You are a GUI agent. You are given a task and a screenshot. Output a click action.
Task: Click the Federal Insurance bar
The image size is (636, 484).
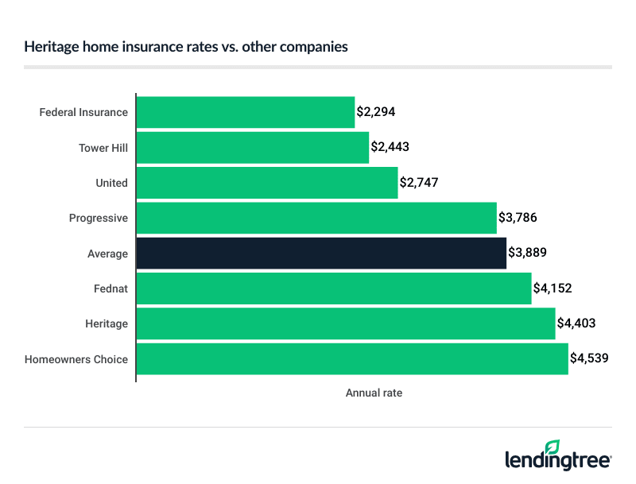(x=246, y=112)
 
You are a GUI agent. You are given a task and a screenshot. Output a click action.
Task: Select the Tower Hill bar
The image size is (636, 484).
(x=253, y=148)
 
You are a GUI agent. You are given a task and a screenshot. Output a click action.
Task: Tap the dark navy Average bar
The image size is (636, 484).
(x=321, y=254)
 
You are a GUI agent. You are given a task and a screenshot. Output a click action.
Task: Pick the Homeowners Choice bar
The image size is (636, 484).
(x=352, y=359)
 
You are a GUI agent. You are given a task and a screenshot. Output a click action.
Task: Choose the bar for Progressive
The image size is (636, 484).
(x=316, y=218)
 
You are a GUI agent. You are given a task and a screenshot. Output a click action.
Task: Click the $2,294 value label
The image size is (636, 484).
(x=376, y=112)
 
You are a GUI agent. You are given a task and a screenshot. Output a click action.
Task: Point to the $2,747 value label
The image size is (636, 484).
(x=419, y=183)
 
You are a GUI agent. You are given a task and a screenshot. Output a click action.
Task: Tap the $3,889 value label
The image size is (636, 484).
(x=527, y=254)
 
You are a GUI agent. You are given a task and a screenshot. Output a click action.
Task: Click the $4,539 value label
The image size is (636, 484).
(x=589, y=359)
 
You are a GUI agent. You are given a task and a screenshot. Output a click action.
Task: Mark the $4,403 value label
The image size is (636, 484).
(x=576, y=323)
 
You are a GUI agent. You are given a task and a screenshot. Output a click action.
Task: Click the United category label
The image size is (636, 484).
(x=111, y=183)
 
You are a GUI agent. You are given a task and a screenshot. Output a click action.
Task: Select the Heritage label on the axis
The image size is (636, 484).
(x=107, y=323)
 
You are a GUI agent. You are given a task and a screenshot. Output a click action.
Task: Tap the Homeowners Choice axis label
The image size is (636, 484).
(x=76, y=359)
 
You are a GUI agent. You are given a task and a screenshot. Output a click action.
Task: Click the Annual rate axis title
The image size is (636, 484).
(x=374, y=393)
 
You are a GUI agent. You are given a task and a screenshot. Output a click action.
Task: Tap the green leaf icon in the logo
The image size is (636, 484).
(x=552, y=447)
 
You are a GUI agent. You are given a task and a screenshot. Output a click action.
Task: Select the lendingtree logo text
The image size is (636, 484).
(x=558, y=461)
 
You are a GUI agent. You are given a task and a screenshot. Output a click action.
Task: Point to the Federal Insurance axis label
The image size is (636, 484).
(x=83, y=112)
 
